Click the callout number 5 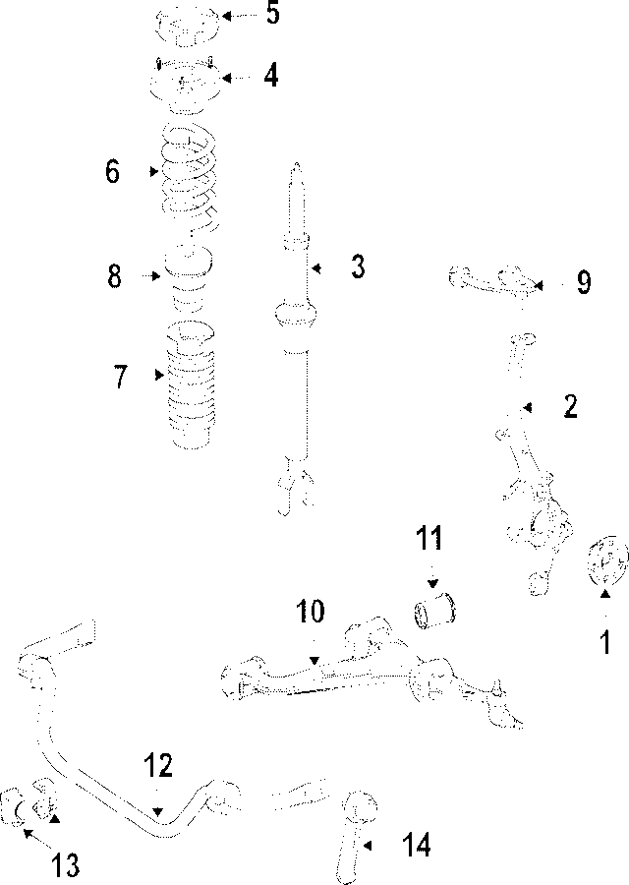point(271,15)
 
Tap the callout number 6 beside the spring point(113,173)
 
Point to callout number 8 point(115,277)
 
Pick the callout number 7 point(120,376)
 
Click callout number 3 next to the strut point(357,265)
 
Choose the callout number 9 point(584,283)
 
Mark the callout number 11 point(429,539)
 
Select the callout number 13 point(66,865)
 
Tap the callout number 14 point(416,844)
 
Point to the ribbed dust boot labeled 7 point(188,393)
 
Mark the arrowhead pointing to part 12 point(158,812)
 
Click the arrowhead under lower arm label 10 point(313,661)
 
